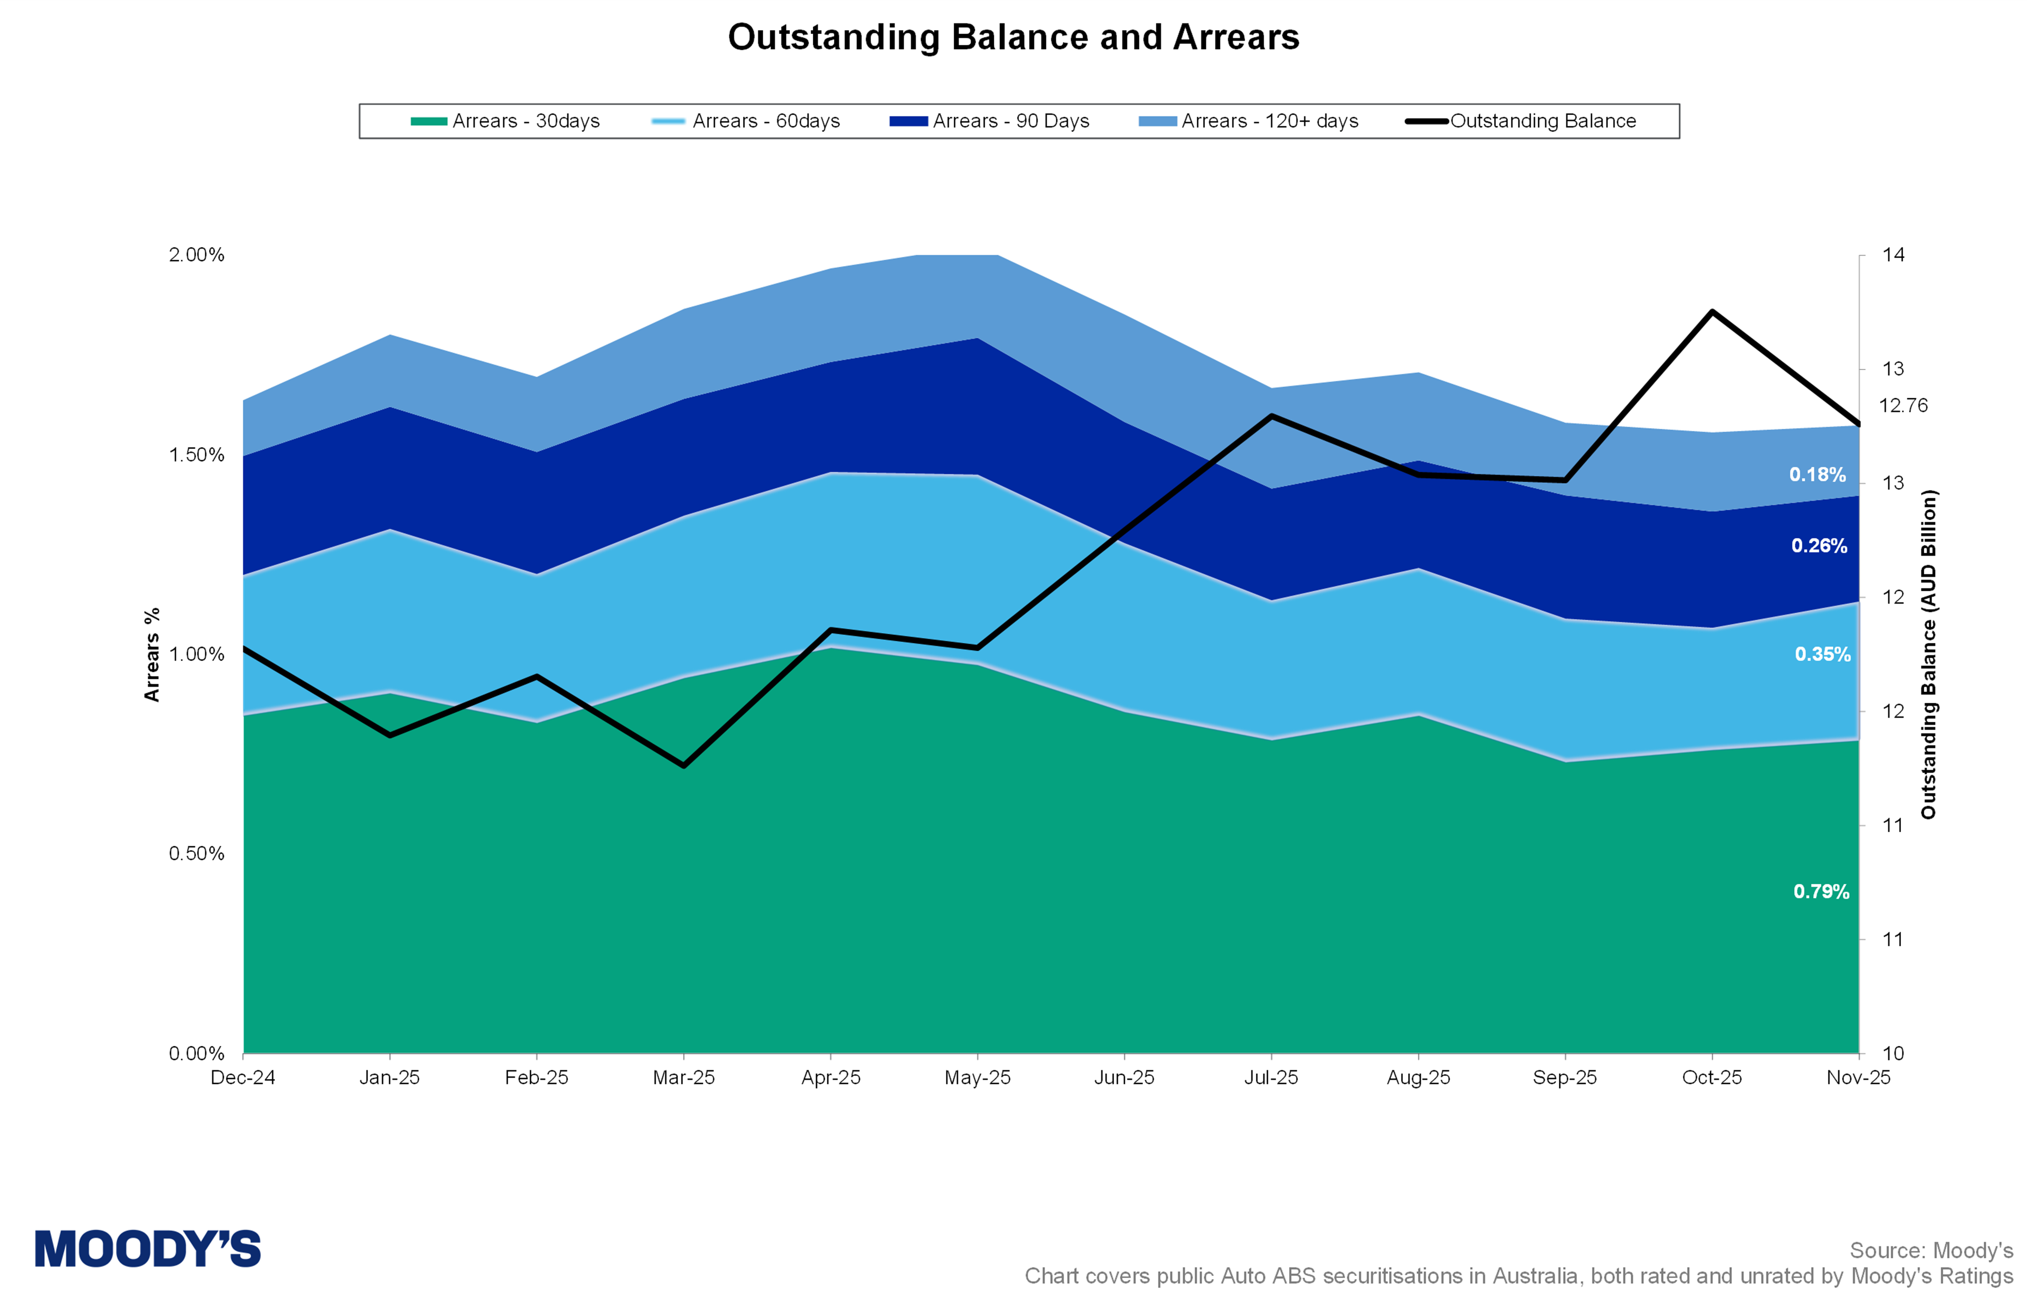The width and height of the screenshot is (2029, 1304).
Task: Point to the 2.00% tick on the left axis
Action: [197, 255]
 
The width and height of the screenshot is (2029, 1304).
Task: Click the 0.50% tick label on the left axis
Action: [197, 854]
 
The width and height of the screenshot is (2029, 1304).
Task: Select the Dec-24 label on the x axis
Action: [243, 1078]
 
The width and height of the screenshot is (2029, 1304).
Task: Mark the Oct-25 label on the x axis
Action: [1711, 1078]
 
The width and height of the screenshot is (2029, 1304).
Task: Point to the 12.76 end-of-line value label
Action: [1903, 406]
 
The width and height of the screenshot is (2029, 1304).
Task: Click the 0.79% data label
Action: [1821, 892]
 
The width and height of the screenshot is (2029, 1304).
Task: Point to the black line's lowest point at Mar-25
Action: [684, 765]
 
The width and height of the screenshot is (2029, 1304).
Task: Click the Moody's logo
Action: [148, 1249]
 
